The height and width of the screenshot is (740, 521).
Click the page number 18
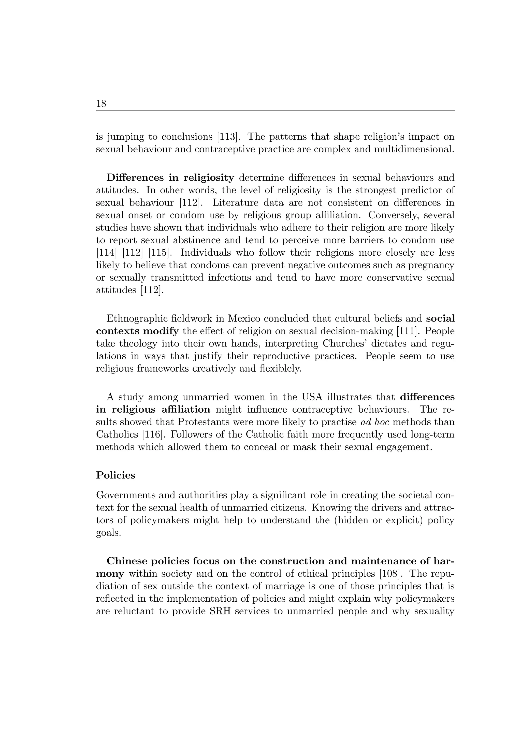point(101,104)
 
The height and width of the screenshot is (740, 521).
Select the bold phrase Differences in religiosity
point(170,178)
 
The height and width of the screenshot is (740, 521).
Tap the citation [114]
point(106,253)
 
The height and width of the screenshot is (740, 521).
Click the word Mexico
point(244,319)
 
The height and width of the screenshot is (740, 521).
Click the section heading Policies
point(115,475)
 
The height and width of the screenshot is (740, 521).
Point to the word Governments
point(124,495)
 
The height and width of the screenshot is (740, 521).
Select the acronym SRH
point(220,611)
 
